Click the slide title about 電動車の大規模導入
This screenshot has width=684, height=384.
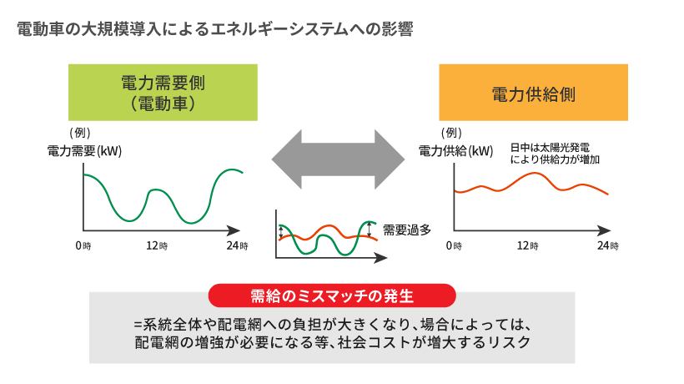[x=214, y=28]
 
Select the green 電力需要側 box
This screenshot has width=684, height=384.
[x=163, y=93]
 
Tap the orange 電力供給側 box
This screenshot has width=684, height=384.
[x=533, y=93]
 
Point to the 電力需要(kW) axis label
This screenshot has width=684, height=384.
[x=84, y=151]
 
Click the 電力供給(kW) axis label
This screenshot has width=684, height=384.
[x=455, y=151]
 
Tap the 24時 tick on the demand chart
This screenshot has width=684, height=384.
[x=238, y=246]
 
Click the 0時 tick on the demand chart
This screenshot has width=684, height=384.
[x=83, y=246]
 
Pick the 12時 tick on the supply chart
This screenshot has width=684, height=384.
[x=527, y=246]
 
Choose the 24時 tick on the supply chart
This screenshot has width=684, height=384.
[x=608, y=246]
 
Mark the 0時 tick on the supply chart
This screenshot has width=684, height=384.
[x=453, y=246]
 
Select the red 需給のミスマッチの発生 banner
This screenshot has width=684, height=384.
[x=332, y=296]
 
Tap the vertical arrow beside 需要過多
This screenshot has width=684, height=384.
[x=369, y=228]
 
